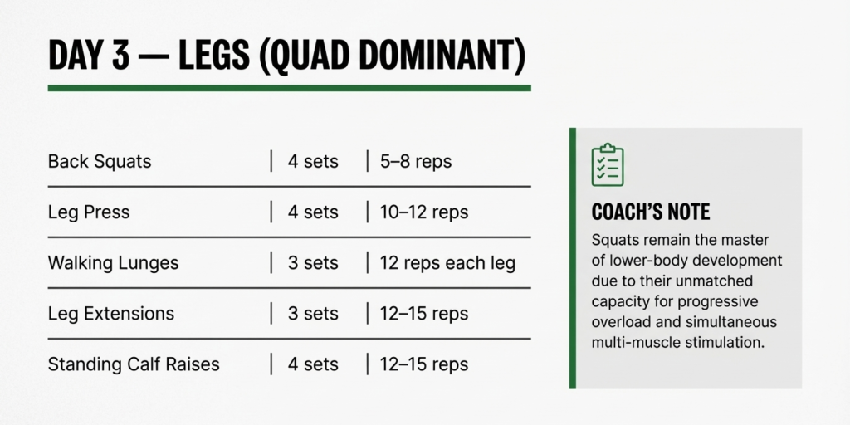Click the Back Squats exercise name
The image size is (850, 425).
pyautogui.click(x=100, y=161)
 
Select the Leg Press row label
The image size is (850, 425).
pyautogui.click(x=89, y=212)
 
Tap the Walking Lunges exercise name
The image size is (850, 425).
pyautogui.click(x=113, y=264)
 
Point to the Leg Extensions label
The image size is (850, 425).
pyautogui.click(x=111, y=314)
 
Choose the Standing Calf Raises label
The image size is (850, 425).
pyautogui.click(x=134, y=364)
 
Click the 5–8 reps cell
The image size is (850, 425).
pyautogui.click(x=416, y=161)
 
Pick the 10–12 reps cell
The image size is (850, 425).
pyautogui.click(x=424, y=212)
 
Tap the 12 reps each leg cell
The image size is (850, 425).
pyautogui.click(x=447, y=264)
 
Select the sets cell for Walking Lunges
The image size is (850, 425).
pyautogui.click(x=313, y=264)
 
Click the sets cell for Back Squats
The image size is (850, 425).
pyautogui.click(x=313, y=161)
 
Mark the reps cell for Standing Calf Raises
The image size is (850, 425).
pyautogui.click(x=424, y=364)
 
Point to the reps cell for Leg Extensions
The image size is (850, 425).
pyautogui.click(x=424, y=314)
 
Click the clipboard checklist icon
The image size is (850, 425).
pyautogui.click(x=608, y=165)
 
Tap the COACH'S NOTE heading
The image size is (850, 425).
pyautogui.click(x=651, y=212)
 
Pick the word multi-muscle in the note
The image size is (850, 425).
pyautogui.click(x=635, y=342)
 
